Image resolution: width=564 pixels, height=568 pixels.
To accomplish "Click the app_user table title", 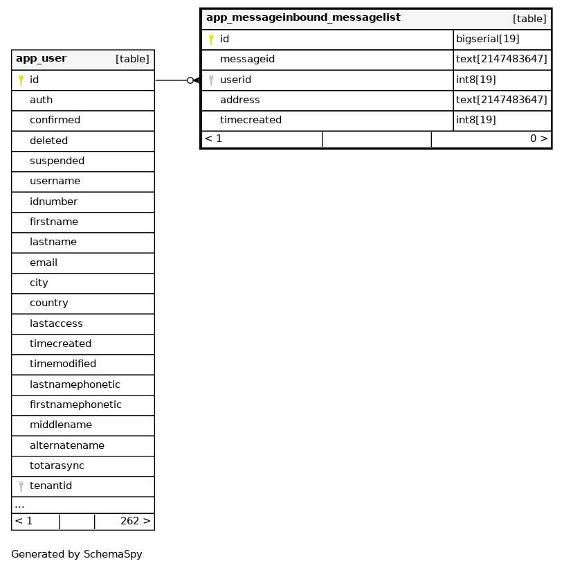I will pyautogui.click(x=41, y=59).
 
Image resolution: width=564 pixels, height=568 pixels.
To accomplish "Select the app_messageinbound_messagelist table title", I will pyautogui.click(x=303, y=18).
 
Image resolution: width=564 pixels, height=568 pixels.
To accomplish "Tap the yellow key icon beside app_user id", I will pyautogui.click(x=21, y=80).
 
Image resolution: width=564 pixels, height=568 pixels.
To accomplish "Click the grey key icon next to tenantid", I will pyautogui.click(x=21, y=486).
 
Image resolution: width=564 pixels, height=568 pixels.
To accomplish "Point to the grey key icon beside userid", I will pyautogui.click(x=211, y=80).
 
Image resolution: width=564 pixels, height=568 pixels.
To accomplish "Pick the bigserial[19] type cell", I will pyautogui.click(x=487, y=39).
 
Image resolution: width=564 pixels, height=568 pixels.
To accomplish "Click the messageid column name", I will pyautogui.click(x=247, y=60).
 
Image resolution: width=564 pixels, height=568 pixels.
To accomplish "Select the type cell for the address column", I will pyautogui.click(x=501, y=100).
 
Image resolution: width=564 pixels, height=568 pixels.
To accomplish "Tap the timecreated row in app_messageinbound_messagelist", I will pyautogui.click(x=251, y=121).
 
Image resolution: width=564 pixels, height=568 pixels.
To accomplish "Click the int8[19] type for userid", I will pyautogui.click(x=475, y=80).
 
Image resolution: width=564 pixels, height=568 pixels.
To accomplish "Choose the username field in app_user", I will pyautogui.click(x=55, y=181).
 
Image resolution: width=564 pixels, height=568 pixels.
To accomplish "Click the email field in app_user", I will pyautogui.click(x=44, y=263).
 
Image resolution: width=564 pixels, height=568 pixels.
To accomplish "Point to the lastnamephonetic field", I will pyautogui.click(x=75, y=385).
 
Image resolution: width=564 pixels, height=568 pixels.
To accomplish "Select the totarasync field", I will pyautogui.click(x=57, y=466).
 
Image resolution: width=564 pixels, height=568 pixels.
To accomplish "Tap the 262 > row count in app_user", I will pyautogui.click(x=135, y=522).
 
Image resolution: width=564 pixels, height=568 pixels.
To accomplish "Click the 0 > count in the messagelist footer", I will pyautogui.click(x=538, y=139).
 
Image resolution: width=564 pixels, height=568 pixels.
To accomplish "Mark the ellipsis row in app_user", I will pyautogui.click(x=19, y=505).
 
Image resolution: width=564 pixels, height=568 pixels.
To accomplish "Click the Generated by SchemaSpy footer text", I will pyautogui.click(x=77, y=555).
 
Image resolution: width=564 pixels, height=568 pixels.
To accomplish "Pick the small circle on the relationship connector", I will pyautogui.click(x=190, y=80).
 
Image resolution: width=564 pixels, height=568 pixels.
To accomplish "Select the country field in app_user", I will pyautogui.click(x=48, y=303).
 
